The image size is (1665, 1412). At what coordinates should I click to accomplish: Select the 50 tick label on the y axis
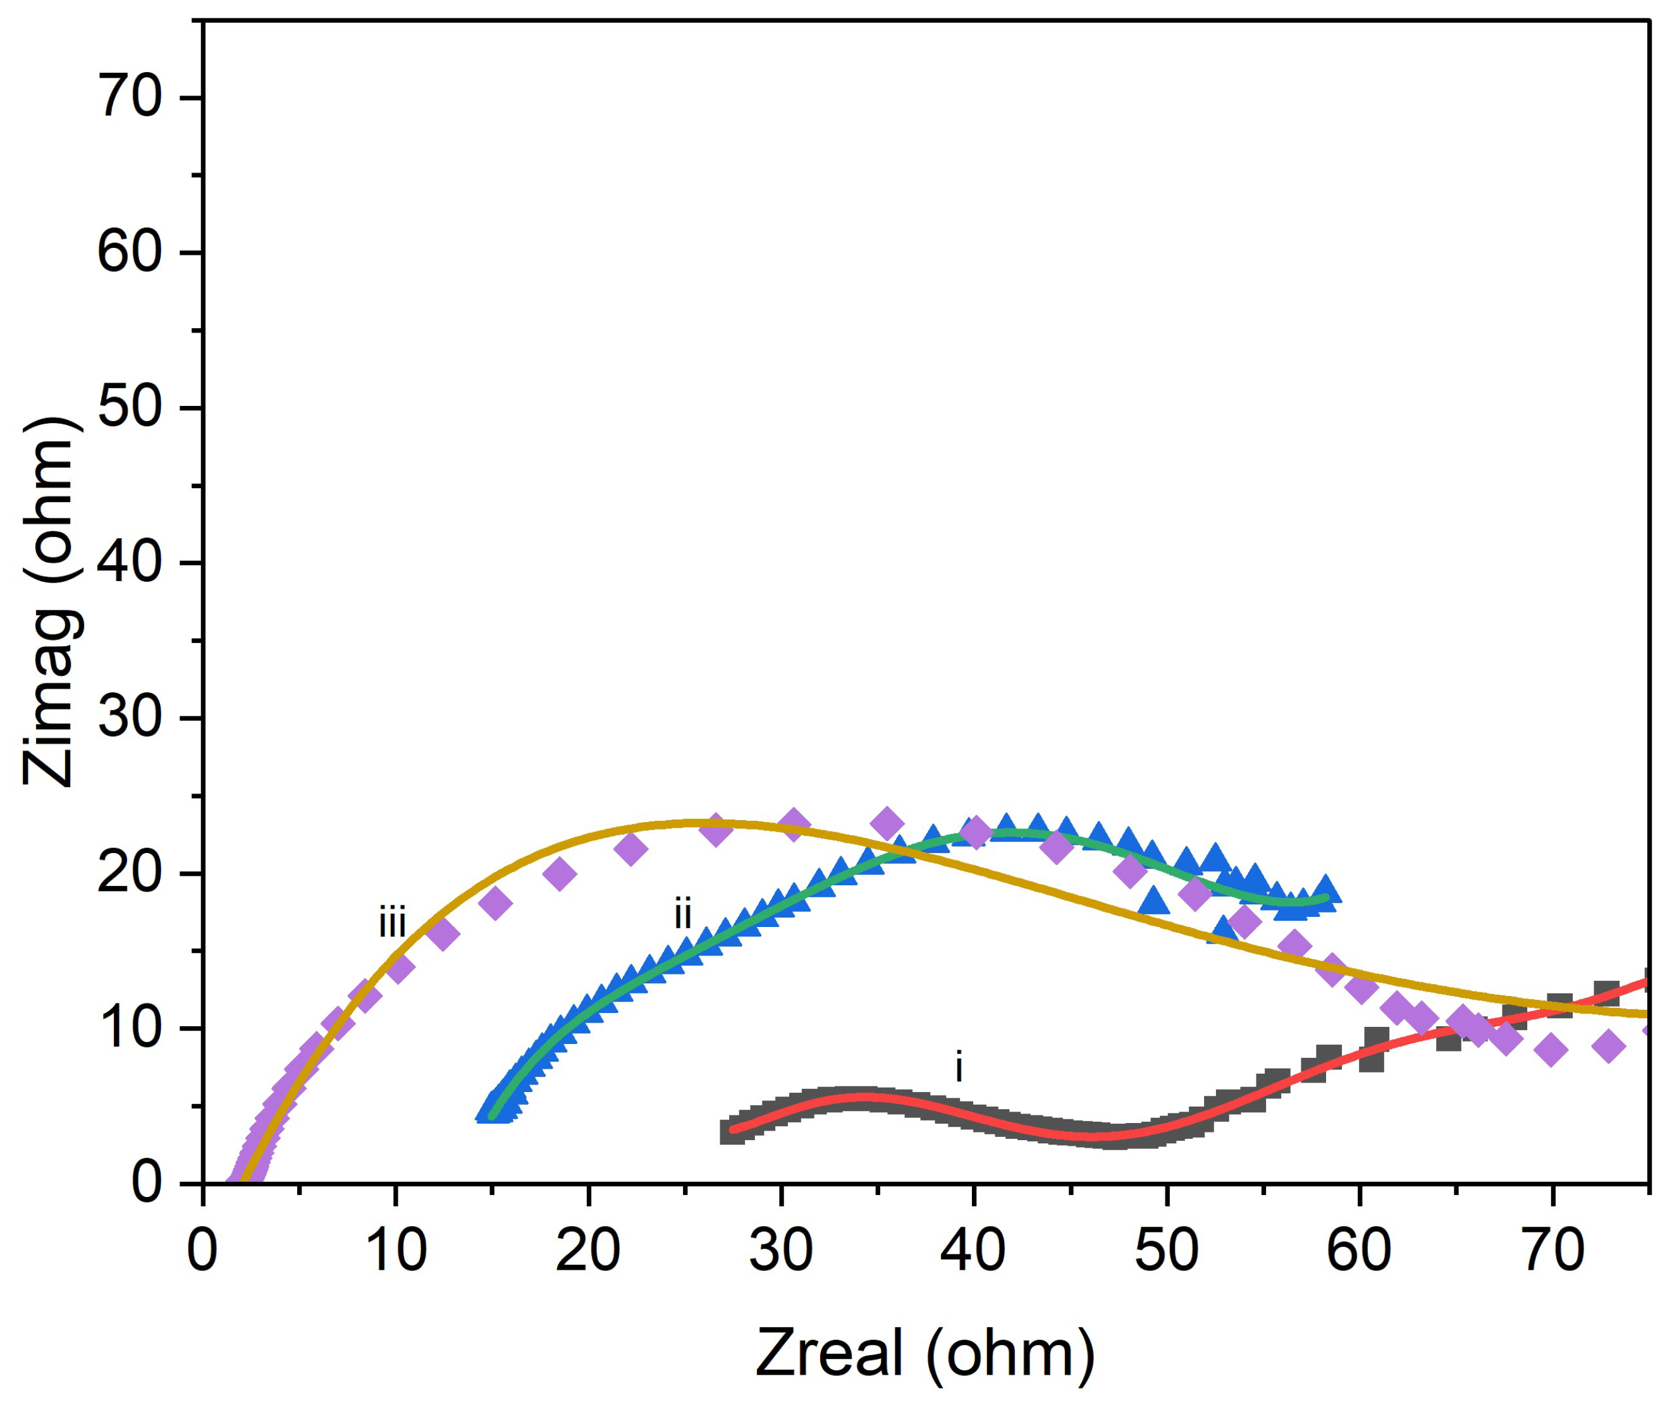[130, 408]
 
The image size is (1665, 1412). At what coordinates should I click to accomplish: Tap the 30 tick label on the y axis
[130, 718]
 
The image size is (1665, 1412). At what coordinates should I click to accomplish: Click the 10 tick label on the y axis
[130, 1029]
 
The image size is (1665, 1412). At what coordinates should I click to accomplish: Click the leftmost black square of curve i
[732, 1132]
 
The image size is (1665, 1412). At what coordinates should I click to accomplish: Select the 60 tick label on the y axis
[130, 253]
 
